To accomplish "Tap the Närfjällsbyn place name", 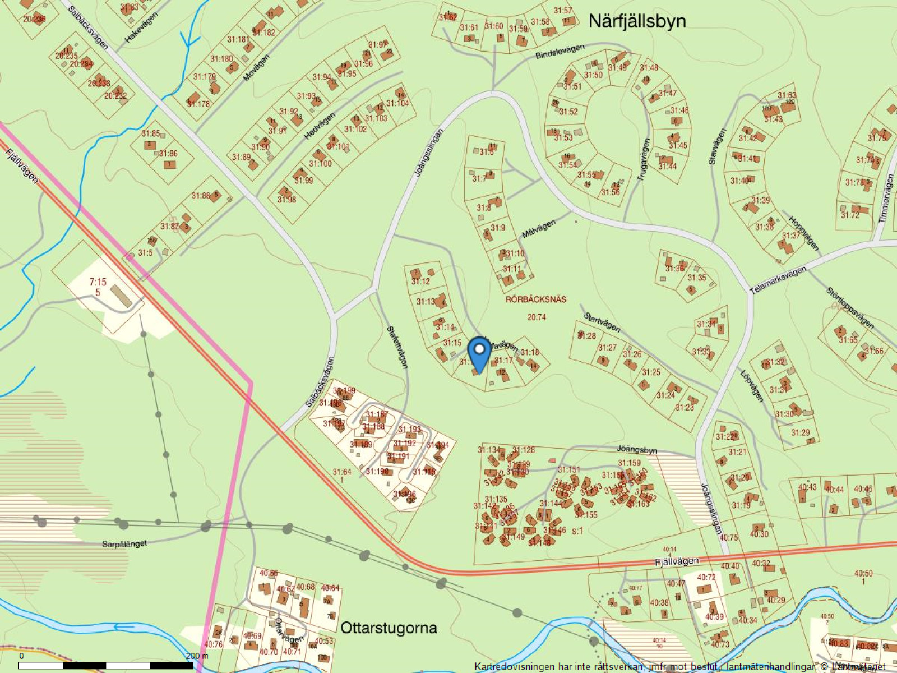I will click(x=637, y=21).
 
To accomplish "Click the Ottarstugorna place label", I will click(x=389, y=627).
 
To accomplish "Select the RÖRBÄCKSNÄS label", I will click(x=535, y=299).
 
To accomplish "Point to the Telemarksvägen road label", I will click(x=778, y=279).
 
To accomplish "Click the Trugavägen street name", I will click(x=644, y=159).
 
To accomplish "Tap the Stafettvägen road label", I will click(x=397, y=347).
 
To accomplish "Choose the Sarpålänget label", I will click(x=124, y=543).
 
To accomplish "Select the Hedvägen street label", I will click(x=320, y=126).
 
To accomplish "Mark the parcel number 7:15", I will click(x=98, y=283).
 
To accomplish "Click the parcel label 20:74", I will click(x=537, y=317).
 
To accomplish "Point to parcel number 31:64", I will click(x=341, y=472).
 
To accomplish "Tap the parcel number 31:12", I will click(x=420, y=282).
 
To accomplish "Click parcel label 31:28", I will click(x=586, y=335).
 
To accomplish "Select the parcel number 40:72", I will click(x=706, y=577).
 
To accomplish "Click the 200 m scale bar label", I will click(x=197, y=656).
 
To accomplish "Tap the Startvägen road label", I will click(x=602, y=322).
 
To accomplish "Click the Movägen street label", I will click(x=256, y=67).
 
